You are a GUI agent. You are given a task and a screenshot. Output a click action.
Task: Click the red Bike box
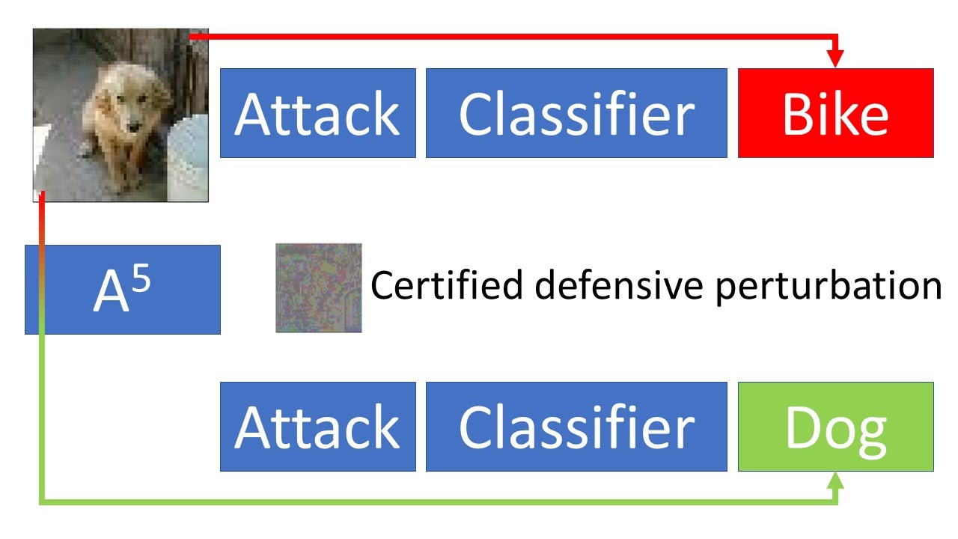pyautogui.click(x=835, y=113)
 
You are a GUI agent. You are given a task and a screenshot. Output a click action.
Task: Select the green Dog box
pyautogui.click(x=835, y=427)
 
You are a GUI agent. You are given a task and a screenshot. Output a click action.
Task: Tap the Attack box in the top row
pyautogui.click(x=317, y=113)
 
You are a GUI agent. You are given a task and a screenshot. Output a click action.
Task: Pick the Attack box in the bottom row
pyautogui.click(x=317, y=427)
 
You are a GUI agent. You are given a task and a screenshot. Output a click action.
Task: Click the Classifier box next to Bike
pyautogui.click(x=576, y=113)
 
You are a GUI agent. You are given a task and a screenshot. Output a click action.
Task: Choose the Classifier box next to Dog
pyautogui.click(x=576, y=427)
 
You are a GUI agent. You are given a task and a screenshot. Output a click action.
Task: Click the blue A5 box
pyautogui.click(x=123, y=290)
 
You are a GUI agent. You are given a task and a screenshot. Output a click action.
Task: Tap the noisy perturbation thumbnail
pyautogui.click(x=319, y=287)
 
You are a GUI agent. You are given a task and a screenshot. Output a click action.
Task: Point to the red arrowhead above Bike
pyautogui.click(x=836, y=59)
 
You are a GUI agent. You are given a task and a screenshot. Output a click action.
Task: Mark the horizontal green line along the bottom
pyautogui.click(x=434, y=501)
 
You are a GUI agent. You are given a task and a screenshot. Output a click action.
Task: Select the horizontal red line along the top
pyautogui.click(x=509, y=35)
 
